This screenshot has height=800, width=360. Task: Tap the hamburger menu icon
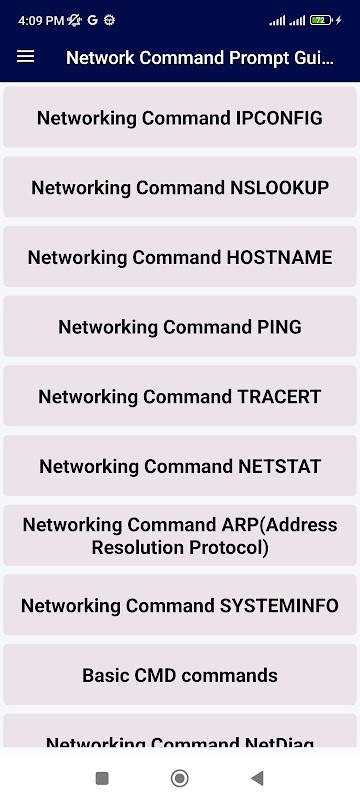pos(25,57)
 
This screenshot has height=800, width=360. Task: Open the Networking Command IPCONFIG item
pos(180,118)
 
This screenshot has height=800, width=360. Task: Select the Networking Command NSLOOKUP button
pos(180,187)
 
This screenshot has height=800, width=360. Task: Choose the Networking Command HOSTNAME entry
pos(180,257)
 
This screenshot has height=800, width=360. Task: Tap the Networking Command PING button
pos(180,327)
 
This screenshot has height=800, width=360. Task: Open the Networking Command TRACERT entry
pos(180,396)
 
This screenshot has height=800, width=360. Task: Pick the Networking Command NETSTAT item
pos(180,466)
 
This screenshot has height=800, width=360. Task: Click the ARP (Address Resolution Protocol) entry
pos(180,536)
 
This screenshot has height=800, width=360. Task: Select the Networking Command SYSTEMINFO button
pos(180,605)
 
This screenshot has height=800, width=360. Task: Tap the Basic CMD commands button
pos(180,675)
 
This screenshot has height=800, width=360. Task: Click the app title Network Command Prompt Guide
pos(200,58)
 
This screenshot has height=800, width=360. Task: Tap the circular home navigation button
pos(179,778)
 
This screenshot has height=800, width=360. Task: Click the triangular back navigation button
pos(257,778)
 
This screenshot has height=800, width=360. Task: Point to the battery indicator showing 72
pos(321,20)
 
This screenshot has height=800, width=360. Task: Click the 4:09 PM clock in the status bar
pos(41,20)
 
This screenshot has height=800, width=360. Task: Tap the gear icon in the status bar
pos(109,20)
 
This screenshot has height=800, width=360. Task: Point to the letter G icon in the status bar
pos(92,20)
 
